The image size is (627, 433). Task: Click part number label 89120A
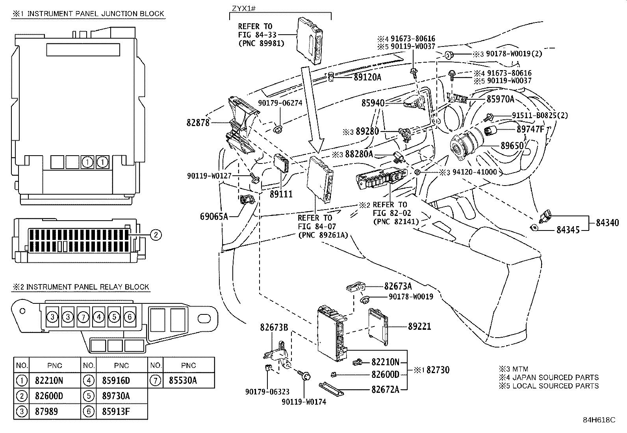367,77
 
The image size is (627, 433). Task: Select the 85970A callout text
500,99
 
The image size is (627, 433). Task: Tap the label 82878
198,123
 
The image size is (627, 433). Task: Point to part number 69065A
214,217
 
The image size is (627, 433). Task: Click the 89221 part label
419,326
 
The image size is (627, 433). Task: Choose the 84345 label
568,230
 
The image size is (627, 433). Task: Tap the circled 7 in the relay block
83,317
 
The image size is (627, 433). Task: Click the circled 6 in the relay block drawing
130,317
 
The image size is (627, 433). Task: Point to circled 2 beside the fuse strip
156,235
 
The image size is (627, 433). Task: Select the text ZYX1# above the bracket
243,8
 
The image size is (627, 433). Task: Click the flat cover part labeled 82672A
331,389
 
